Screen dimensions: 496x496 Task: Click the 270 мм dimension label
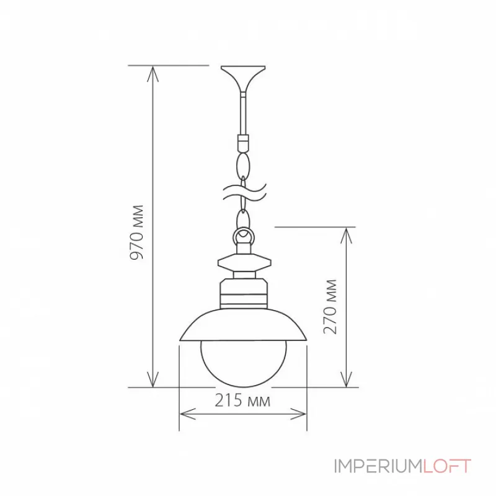[x=331, y=306]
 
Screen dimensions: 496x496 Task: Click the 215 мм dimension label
[x=243, y=401]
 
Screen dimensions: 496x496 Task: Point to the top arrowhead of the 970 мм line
[x=152, y=70]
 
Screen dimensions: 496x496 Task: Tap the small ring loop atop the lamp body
[x=243, y=236]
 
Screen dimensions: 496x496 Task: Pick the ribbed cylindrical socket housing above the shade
[x=243, y=294]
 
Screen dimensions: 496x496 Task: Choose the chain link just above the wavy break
[x=243, y=166]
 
